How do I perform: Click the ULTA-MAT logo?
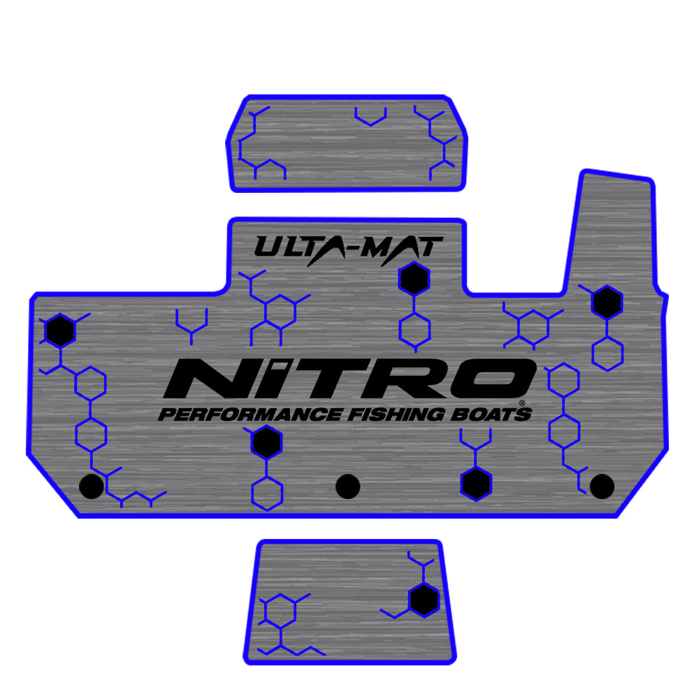(348, 248)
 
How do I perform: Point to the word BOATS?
(489, 414)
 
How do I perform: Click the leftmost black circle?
(92, 486)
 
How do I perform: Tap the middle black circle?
(347, 486)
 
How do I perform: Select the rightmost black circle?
(602, 486)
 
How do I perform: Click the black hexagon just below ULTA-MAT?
(414, 279)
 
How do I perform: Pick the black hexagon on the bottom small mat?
(424, 600)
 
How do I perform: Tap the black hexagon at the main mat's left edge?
(60, 331)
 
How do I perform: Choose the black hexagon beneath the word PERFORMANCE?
(266, 442)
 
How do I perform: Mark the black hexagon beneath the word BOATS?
(476, 484)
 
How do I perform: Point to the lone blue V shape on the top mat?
(370, 117)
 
